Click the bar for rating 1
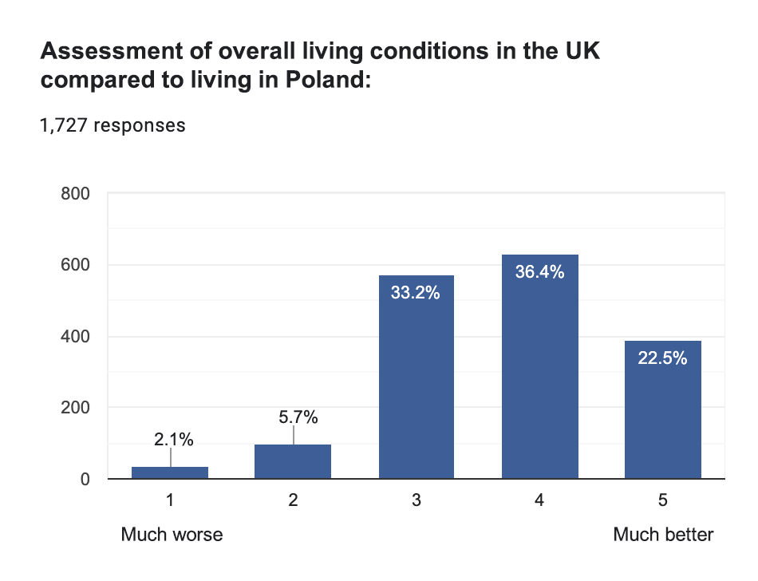click(x=170, y=472)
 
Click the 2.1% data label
click(x=174, y=439)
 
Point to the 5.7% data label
click(x=298, y=417)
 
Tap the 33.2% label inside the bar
click(x=416, y=293)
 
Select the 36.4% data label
click(x=539, y=272)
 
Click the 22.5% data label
click(x=662, y=358)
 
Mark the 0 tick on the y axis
click(x=83, y=480)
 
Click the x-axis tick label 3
click(x=416, y=501)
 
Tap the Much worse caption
click(x=172, y=535)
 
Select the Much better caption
click(x=663, y=535)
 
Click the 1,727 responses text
click(x=113, y=125)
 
